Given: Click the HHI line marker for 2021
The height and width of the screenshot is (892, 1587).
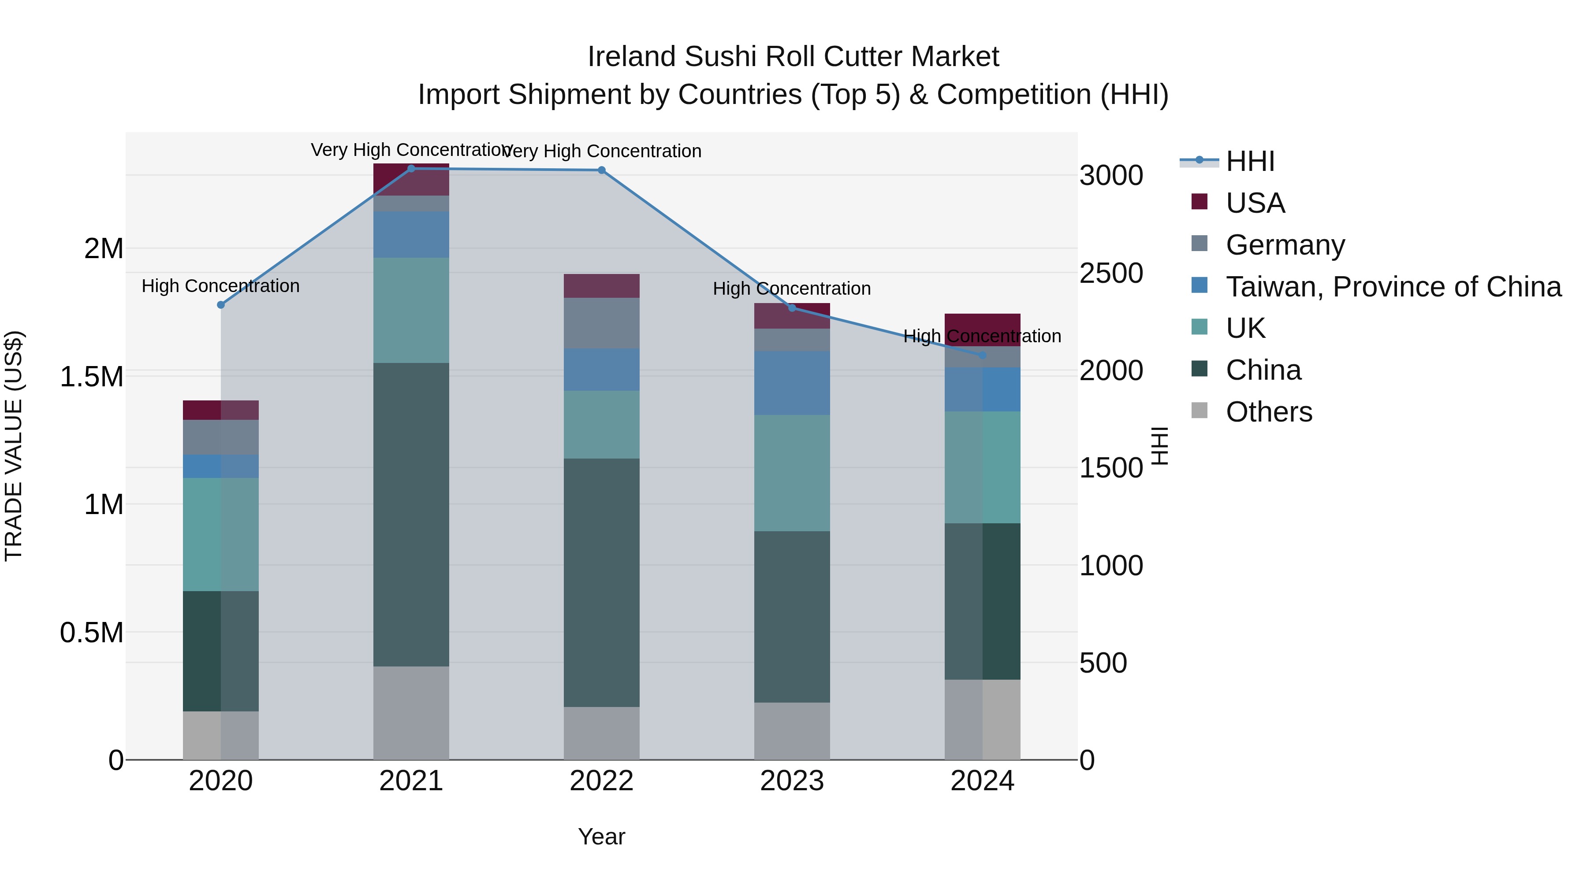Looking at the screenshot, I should tap(411, 169).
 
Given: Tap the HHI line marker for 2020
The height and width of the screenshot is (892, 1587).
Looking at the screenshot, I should tap(220, 305).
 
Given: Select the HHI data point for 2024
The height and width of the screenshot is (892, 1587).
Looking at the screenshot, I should tap(983, 355).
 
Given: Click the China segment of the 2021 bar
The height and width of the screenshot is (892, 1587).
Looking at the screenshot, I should tap(411, 514).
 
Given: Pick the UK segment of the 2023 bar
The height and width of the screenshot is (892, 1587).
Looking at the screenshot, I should tap(792, 473).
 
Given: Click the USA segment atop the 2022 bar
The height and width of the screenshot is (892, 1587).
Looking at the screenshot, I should tap(601, 285).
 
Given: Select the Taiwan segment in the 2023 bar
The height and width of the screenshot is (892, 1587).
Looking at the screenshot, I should tap(792, 382).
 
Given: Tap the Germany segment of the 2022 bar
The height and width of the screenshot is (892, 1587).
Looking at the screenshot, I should tap(601, 323).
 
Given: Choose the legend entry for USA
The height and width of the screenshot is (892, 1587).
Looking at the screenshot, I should tap(1255, 203).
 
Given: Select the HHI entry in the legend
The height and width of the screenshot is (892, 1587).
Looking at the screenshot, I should tap(1250, 161).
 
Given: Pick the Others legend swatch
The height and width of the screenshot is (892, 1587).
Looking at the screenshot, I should tap(1199, 411).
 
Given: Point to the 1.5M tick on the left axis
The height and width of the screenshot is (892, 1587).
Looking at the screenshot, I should tap(91, 377).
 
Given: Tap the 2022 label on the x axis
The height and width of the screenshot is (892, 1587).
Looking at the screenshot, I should tap(601, 781).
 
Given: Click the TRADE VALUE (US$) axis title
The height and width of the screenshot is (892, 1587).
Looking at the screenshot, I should tap(14, 446).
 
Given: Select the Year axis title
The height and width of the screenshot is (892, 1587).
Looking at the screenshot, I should tap(601, 836).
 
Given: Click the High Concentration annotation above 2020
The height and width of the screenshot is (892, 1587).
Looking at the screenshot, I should tap(220, 286).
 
